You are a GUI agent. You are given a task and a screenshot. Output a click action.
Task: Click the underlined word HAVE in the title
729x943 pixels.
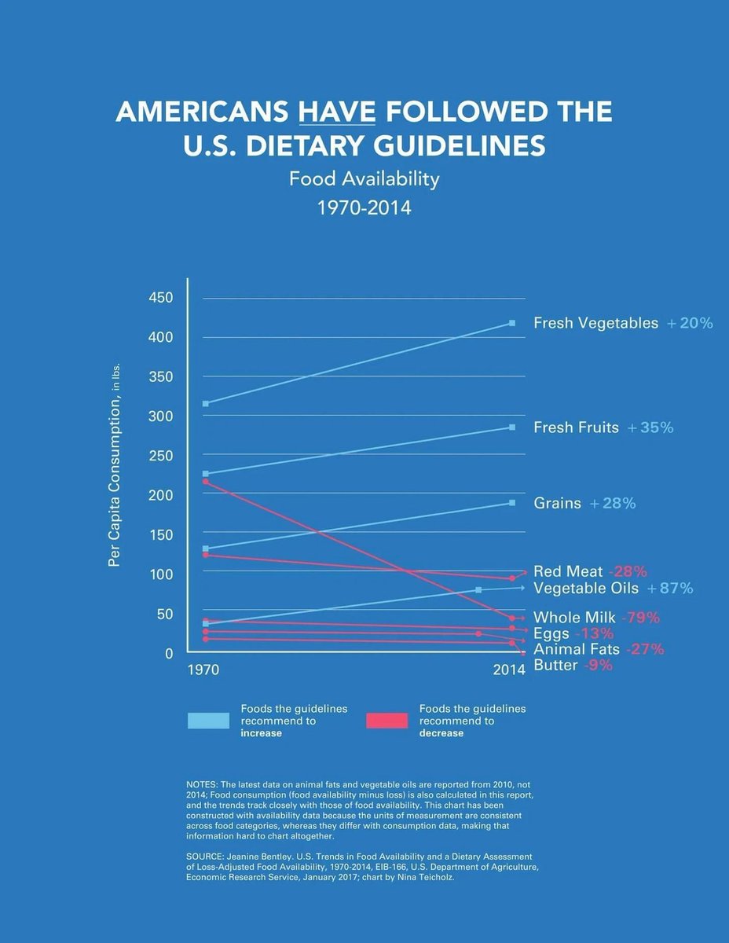(x=337, y=112)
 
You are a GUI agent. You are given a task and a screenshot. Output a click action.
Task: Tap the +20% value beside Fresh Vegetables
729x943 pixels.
(x=690, y=323)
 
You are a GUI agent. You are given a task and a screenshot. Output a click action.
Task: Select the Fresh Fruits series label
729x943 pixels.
(x=576, y=427)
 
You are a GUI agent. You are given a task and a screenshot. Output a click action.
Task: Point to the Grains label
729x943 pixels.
(x=557, y=503)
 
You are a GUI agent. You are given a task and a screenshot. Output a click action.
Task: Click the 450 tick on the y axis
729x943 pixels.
(x=159, y=298)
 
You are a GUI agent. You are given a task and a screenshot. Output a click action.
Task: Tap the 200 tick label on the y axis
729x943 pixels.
(x=159, y=495)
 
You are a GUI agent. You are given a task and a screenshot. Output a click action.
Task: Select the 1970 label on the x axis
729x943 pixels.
(x=203, y=670)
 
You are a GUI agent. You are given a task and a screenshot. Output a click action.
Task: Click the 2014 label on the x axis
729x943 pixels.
(x=509, y=670)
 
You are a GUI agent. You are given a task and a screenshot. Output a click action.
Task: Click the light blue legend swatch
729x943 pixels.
(x=208, y=721)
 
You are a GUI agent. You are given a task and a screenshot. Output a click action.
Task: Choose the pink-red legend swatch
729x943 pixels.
(x=386, y=721)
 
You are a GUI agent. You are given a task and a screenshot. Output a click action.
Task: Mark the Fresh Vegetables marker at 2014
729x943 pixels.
(x=512, y=323)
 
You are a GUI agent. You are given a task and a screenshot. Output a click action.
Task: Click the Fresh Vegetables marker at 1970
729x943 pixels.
(x=206, y=404)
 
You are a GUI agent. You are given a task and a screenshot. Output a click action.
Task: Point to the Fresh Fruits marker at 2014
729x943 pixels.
(x=512, y=427)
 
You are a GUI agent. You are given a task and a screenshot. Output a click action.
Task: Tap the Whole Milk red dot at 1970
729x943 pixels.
(x=206, y=482)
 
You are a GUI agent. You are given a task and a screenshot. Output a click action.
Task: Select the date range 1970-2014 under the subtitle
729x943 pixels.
(x=364, y=208)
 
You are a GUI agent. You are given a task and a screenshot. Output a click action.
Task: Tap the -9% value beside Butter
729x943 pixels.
(x=598, y=666)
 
